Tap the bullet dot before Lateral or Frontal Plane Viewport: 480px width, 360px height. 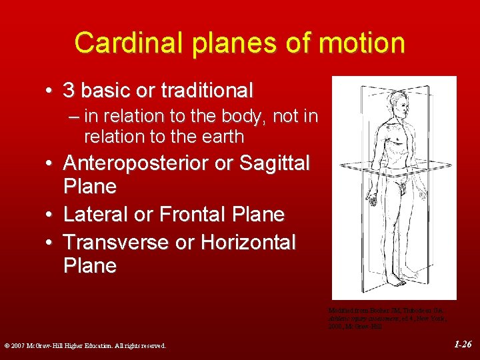50,215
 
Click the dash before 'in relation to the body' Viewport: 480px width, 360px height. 73,116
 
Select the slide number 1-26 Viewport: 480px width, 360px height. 463,345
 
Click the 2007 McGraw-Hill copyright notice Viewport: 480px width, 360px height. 84,345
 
